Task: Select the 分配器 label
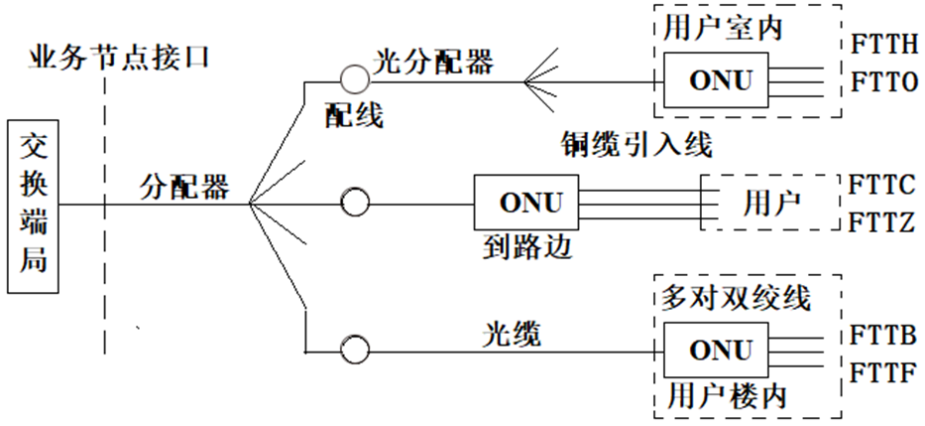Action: pos(184,186)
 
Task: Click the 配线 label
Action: pos(354,116)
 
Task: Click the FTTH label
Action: pos(884,46)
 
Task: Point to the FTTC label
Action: pos(882,185)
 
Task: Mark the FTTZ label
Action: pos(882,222)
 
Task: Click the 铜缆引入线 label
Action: pos(636,145)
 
